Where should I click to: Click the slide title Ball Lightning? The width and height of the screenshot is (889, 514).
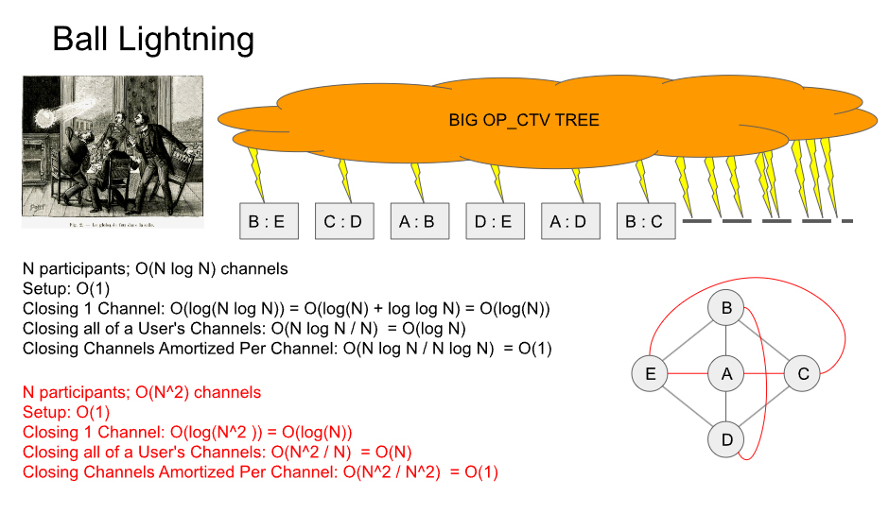pyautogui.click(x=153, y=40)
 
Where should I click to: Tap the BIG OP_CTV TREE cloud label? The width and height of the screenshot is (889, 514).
pyautogui.click(x=524, y=120)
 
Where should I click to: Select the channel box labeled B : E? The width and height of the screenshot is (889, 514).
pyautogui.click(x=267, y=222)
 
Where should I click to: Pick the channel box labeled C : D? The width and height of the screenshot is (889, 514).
pyautogui.click(x=342, y=222)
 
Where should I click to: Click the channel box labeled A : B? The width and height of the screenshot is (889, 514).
pyautogui.click(x=417, y=222)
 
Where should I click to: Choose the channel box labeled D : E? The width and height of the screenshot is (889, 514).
pyautogui.click(x=493, y=222)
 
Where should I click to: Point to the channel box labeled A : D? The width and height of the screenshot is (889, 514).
pyautogui.click(x=568, y=222)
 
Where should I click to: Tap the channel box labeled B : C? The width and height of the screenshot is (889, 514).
pyautogui.click(x=644, y=222)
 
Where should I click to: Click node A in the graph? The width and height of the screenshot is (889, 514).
pyautogui.click(x=726, y=374)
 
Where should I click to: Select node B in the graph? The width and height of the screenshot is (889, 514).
pyautogui.click(x=726, y=308)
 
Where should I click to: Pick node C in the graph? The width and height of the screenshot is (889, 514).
pyautogui.click(x=803, y=374)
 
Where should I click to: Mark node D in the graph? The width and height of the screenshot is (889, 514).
pyautogui.click(x=726, y=440)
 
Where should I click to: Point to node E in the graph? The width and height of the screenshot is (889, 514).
pyautogui.click(x=650, y=374)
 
